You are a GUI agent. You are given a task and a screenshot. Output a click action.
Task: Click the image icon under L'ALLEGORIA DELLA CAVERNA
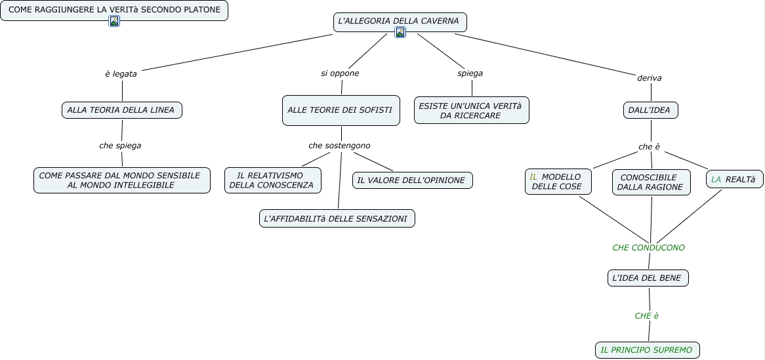click(x=400, y=32)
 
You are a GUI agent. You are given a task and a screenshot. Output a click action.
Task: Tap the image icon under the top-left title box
click(x=114, y=21)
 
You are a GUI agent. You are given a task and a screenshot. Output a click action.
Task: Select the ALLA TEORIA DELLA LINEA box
click(x=122, y=110)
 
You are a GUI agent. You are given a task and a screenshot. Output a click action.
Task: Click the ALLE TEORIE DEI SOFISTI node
click(x=341, y=110)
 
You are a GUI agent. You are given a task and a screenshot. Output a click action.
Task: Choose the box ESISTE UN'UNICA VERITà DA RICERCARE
click(x=471, y=110)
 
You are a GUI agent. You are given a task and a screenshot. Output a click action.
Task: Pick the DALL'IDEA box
click(x=650, y=110)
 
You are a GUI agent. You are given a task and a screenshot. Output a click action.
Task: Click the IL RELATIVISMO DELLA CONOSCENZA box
click(x=273, y=180)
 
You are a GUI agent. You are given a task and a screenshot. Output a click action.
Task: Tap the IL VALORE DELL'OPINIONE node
click(x=412, y=180)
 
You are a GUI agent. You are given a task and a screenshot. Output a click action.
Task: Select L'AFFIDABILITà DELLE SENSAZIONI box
click(x=337, y=218)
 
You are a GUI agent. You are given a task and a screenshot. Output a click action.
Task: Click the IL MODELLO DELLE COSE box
click(x=558, y=182)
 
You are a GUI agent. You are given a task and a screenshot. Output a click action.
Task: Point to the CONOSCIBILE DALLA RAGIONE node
click(x=651, y=182)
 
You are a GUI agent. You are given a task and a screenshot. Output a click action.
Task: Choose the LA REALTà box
click(x=735, y=180)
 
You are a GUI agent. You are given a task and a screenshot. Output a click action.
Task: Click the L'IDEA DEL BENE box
click(x=648, y=278)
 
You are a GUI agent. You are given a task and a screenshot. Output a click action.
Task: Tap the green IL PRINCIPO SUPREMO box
click(x=647, y=350)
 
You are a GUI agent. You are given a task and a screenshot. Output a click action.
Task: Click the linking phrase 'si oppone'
click(x=340, y=73)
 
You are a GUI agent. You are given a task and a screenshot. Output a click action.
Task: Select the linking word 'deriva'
click(x=650, y=78)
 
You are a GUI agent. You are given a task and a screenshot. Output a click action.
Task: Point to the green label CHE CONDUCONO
click(x=648, y=248)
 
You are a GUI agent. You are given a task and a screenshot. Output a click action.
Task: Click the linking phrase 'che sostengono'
click(x=339, y=146)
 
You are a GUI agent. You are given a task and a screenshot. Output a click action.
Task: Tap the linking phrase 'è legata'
click(x=121, y=74)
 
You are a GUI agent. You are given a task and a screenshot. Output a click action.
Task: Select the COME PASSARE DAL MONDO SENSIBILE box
click(x=122, y=180)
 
